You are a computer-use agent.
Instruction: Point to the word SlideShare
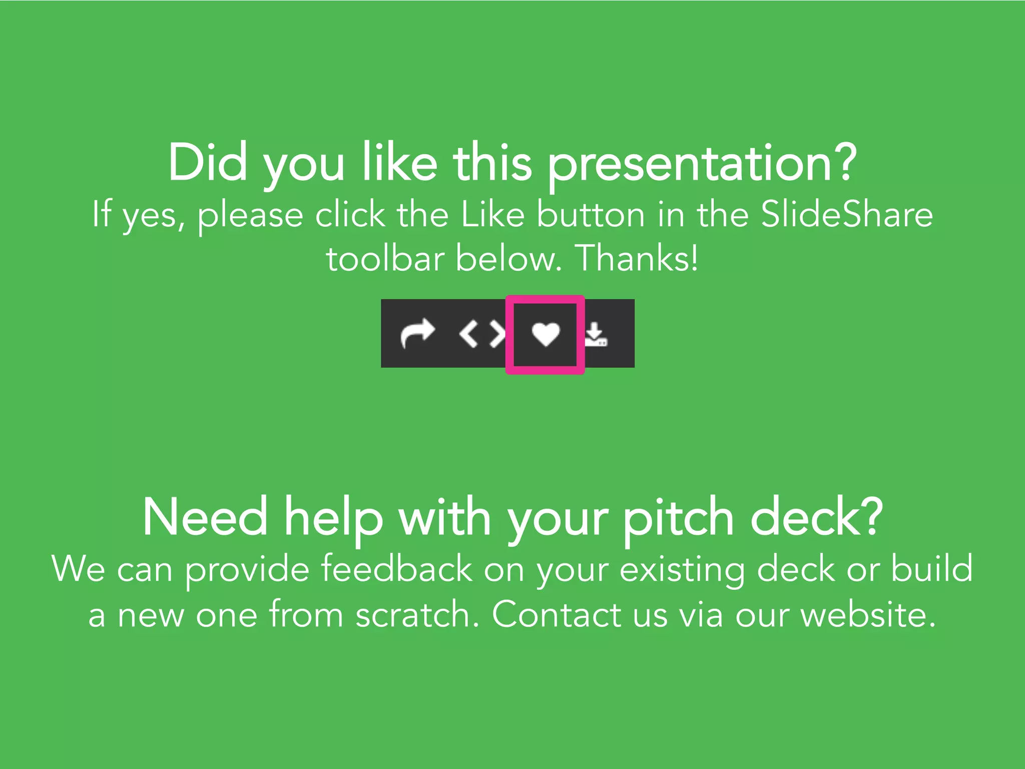[847, 214]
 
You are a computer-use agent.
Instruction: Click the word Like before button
[492, 214]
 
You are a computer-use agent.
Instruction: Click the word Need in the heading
[205, 517]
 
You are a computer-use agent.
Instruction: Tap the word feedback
[396, 568]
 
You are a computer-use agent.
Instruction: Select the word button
[591, 214]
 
